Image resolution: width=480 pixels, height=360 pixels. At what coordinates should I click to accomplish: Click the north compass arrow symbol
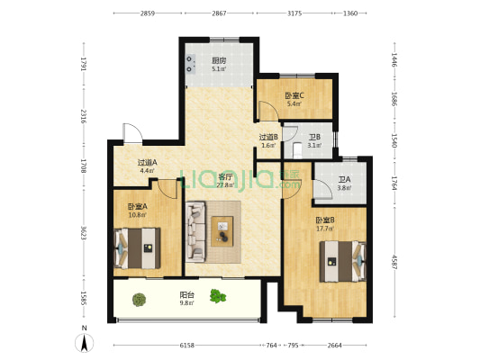click(x=84, y=341)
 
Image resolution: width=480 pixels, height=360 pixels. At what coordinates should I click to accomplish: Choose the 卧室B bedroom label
click(x=325, y=223)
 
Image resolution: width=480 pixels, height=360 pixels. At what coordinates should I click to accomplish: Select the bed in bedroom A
click(x=138, y=247)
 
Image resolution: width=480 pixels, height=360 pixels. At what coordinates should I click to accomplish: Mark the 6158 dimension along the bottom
click(x=186, y=346)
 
